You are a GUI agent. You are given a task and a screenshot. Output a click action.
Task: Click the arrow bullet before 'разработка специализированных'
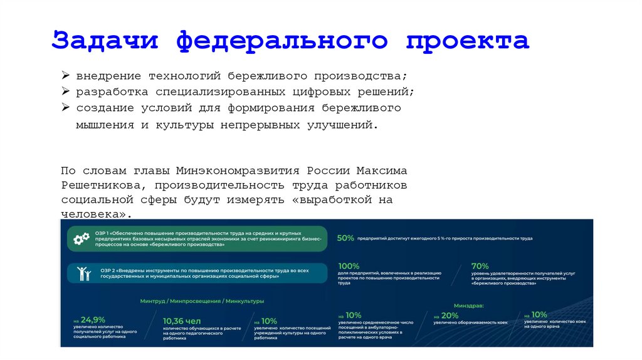pyautogui.click(x=65, y=92)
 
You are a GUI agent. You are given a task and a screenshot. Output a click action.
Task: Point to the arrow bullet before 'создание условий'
pyautogui.click(x=65, y=108)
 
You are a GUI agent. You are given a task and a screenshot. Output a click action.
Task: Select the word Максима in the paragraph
pyautogui.click(x=381, y=171)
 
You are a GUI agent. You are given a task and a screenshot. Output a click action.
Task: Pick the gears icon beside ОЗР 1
pyautogui.click(x=82, y=239)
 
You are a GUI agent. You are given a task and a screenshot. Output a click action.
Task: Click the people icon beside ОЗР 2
pyautogui.click(x=82, y=273)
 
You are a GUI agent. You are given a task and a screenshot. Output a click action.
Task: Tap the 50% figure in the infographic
pyautogui.click(x=345, y=238)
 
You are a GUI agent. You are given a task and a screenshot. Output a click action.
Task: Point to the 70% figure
pyautogui.click(x=480, y=265)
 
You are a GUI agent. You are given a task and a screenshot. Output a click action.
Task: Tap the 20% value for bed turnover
pyautogui.click(x=450, y=315)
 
